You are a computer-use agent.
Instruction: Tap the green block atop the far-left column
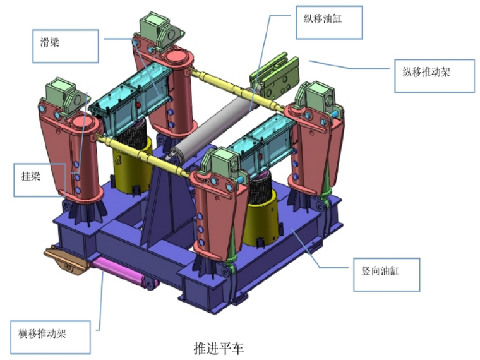64,92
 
